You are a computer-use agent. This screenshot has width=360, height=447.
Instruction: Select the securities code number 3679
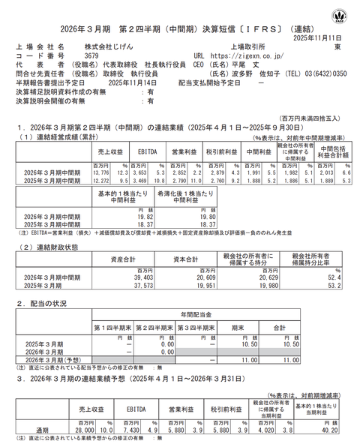pos(91,55)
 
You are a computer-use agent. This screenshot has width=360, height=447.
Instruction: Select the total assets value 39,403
pos(132,277)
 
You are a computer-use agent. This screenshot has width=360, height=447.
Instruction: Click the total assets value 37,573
pos(132,286)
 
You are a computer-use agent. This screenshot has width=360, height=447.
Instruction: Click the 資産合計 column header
pos(122,259)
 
